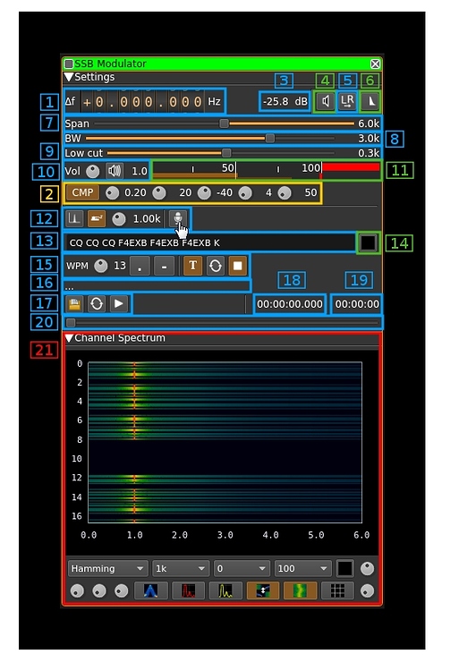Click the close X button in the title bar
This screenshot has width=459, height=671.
click(x=375, y=64)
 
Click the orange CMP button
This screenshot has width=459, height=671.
click(x=82, y=192)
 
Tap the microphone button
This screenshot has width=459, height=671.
click(x=178, y=218)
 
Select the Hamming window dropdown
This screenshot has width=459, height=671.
click(x=107, y=568)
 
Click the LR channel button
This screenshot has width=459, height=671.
click(x=346, y=101)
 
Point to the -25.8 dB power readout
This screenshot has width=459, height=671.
click(x=285, y=101)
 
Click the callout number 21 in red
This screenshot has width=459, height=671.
click(x=44, y=350)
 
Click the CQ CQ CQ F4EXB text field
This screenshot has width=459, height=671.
click(x=209, y=242)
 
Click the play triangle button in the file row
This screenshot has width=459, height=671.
click(x=118, y=304)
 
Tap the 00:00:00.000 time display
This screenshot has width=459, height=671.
click(x=290, y=304)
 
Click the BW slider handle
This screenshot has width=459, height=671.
click(x=270, y=138)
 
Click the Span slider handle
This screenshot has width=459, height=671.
click(x=224, y=123)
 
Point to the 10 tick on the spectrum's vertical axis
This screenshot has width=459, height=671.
click(x=77, y=459)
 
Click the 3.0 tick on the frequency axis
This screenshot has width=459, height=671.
click(x=225, y=535)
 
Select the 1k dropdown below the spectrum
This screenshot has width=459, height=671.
click(x=181, y=568)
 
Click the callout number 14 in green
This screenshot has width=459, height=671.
click(x=399, y=243)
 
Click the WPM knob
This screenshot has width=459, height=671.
click(x=101, y=266)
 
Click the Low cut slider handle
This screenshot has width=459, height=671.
click(x=226, y=153)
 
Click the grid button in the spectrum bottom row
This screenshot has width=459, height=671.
click(x=337, y=591)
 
